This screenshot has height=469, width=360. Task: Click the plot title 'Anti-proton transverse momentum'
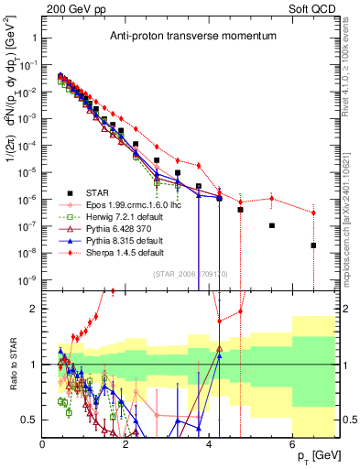[164, 38]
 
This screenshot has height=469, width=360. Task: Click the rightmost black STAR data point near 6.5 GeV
[313, 245]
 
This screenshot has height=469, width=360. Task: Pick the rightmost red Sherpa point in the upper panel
[313, 213]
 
